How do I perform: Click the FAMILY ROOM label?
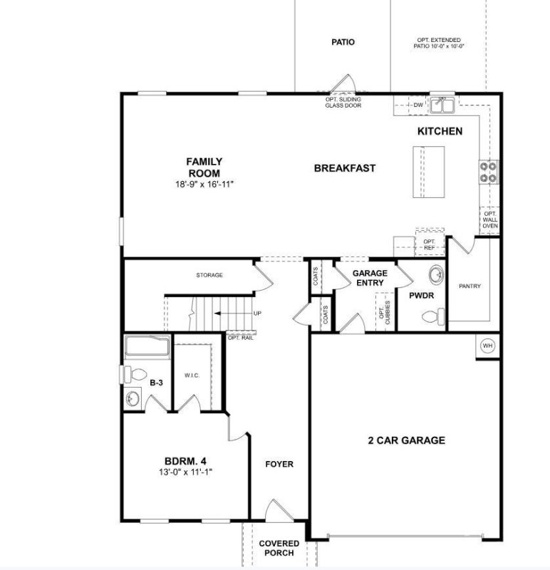click(204, 167)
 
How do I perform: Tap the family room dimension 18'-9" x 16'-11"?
click(204, 184)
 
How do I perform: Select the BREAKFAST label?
click(344, 168)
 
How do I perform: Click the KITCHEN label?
click(440, 131)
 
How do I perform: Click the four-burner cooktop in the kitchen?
click(488, 171)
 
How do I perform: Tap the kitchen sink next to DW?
click(446, 105)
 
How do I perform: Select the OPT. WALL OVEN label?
click(490, 220)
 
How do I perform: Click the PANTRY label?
click(469, 286)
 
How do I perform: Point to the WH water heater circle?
click(488, 345)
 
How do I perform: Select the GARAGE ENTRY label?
click(370, 278)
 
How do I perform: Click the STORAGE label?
click(209, 275)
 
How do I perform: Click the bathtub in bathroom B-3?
click(147, 348)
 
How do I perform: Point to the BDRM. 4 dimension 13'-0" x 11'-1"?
click(185, 472)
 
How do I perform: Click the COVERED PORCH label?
click(279, 548)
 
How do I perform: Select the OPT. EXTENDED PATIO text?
click(439, 43)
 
